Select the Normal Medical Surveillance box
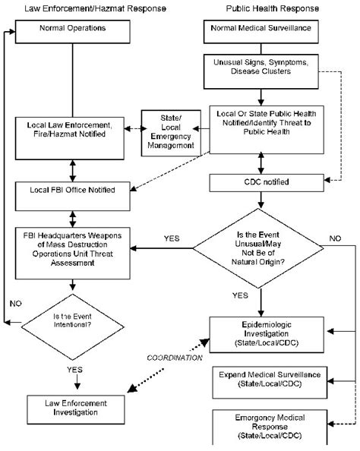pyautogui.click(x=260, y=30)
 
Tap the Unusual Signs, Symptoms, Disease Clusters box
pyautogui.click(x=260, y=69)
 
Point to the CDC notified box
pyautogui.click(x=260, y=182)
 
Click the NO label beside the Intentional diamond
pyautogui.click(x=16, y=301)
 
